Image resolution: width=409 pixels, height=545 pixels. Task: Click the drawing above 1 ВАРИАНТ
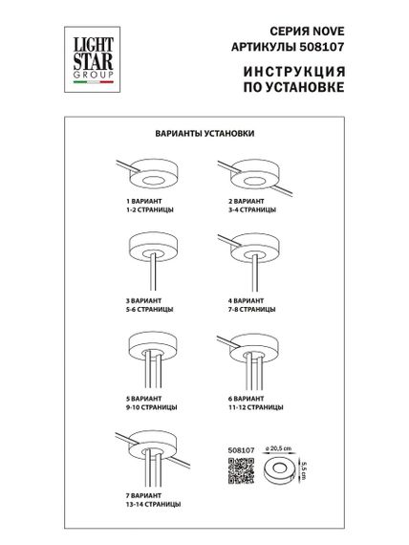coord(151,177)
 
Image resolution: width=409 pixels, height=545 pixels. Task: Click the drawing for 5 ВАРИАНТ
coord(150,354)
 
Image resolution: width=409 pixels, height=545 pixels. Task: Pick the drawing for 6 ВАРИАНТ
coord(252,354)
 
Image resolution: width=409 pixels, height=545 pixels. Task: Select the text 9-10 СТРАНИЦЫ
coord(150,408)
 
